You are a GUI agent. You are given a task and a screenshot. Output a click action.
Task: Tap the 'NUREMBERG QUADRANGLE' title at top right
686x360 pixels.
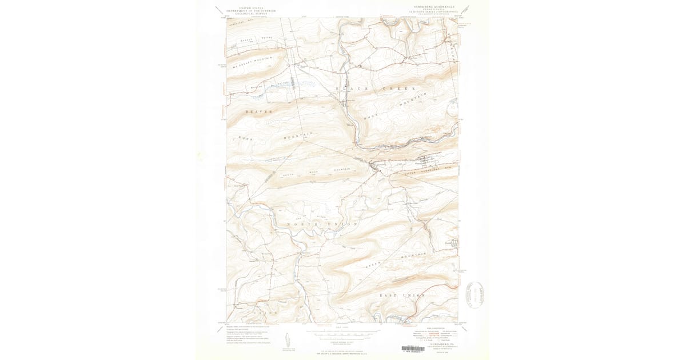coord(434,7)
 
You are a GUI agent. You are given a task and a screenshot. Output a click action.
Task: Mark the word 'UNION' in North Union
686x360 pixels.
coord(342,224)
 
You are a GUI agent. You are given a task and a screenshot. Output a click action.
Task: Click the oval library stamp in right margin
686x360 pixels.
coord(474,294)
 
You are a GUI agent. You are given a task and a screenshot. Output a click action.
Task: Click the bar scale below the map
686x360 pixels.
coord(342,331)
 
